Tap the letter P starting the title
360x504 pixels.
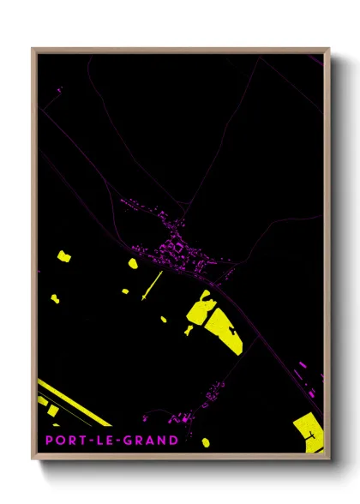click(x=51, y=441)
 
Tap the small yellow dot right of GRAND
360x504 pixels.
click(x=206, y=442)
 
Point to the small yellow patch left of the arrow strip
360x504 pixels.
click(x=125, y=291)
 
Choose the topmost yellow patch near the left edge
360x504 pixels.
click(x=63, y=255)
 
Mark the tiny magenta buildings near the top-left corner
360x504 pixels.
click(x=58, y=89)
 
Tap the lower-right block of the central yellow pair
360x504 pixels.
click(x=225, y=331)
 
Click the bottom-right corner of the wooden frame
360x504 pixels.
click(x=328, y=457)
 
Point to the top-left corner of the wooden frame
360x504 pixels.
click(x=33, y=50)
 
